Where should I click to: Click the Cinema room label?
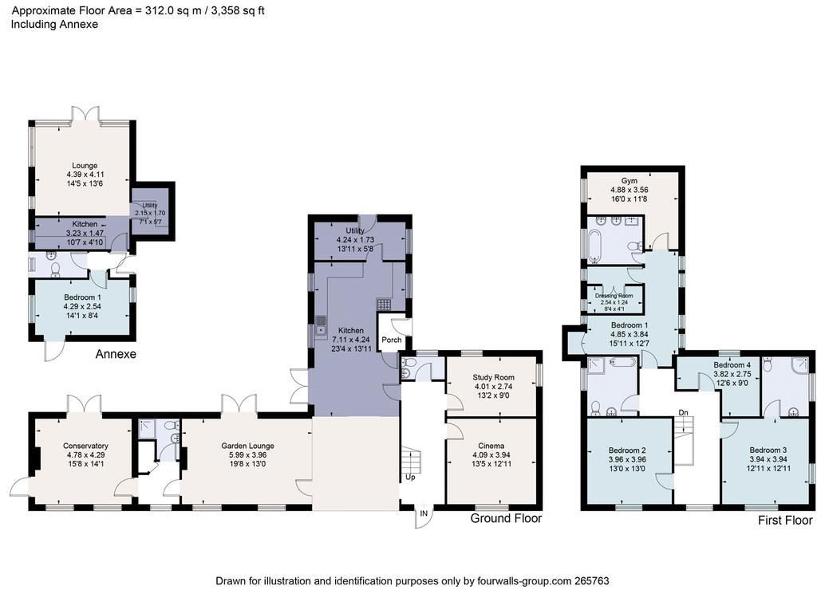[x=491, y=446]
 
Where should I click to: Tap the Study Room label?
[x=493, y=378]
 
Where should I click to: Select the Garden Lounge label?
[x=247, y=446]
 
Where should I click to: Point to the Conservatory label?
[x=85, y=446]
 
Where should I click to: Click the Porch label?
[x=392, y=340]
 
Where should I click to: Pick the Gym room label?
[x=630, y=181]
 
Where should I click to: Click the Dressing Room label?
[x=614, y=296]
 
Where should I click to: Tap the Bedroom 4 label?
[x=732, y=365]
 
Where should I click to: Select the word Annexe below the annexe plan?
[x=116, y=354]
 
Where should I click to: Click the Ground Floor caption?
[x=506, y=518]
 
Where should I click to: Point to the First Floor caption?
[x=785, y=520]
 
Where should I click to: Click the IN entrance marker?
[x=424, y=513]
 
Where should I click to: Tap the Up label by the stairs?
[x=410, y=477]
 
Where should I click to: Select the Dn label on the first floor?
[x=683, y=412]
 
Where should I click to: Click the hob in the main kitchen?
[x=384, y=304]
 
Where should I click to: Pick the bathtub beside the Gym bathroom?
[x=595, y=246]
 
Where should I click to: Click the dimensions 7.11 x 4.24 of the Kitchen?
[x=351, y=340]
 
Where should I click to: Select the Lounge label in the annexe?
[x=85, y=166]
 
